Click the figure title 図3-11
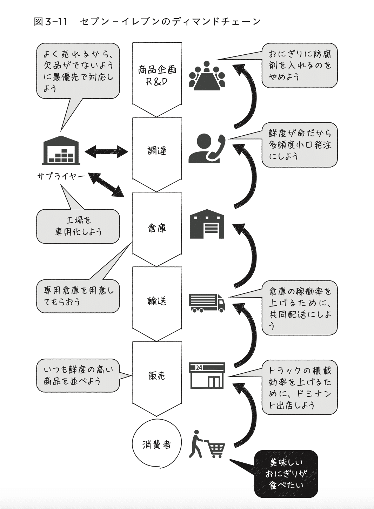[51, 22]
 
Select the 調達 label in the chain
[157, 151]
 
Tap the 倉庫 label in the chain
[157, 228]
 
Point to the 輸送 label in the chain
[157, 301]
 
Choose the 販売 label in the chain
[157, 376]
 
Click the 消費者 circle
[157, 445]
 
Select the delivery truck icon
[207, 303]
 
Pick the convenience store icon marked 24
[207, 375]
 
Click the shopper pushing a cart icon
[207, 444]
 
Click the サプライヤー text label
[61, 176]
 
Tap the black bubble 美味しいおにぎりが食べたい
[286, 474]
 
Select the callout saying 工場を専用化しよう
[78, 226]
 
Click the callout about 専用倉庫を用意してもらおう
[78, 296]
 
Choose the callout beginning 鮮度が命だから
[300, 145]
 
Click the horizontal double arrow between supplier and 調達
[106, 151]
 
